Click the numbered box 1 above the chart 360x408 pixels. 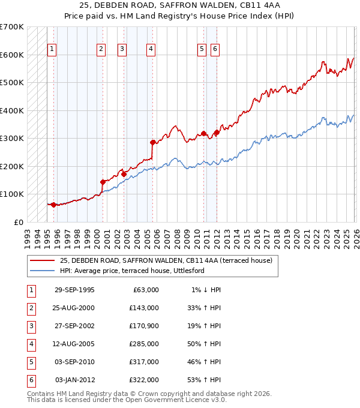(52, 49)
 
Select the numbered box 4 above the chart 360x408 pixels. (151, 49)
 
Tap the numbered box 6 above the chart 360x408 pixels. (215, 49)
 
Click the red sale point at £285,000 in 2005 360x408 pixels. (152, 142)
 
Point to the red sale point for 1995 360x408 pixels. (53, 205)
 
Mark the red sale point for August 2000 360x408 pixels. (103, 182)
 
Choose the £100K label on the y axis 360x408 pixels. (11, 194)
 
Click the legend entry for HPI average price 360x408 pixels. (132, 271)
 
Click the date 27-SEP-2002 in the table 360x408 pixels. (74, 326)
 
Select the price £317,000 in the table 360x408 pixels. (143, 362)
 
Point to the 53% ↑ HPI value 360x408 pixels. (206, 380)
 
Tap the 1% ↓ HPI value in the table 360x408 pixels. (206, 290)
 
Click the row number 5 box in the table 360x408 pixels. (31, 362)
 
